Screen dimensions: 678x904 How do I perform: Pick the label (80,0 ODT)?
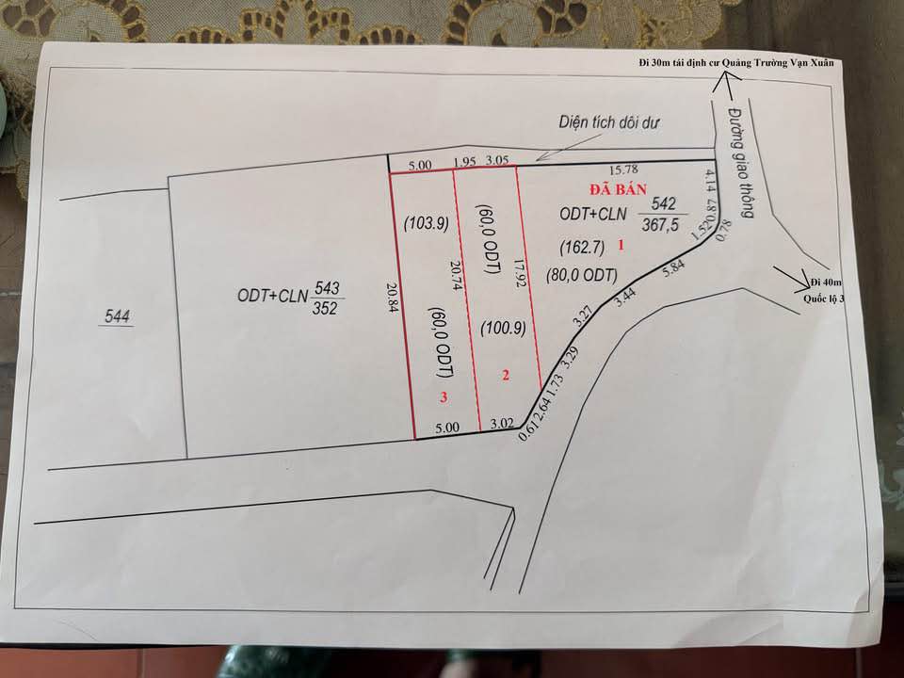coord(581,276)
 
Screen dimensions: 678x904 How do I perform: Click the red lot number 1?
coord(621,245)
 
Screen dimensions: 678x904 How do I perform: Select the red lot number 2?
coord(506,376)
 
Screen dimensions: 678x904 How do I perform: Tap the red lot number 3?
coord(444,398)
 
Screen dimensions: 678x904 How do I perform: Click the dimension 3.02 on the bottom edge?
coord(501,425)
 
